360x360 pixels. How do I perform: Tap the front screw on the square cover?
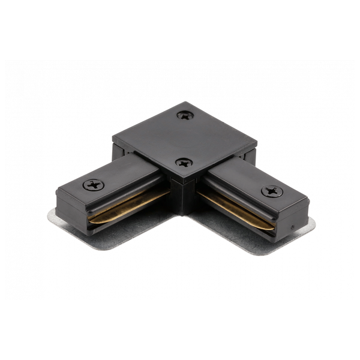pos(184,163)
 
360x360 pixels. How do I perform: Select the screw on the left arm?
pos(93,185)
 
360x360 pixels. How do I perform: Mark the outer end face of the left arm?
pos(72,207)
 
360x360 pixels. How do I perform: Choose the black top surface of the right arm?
pos(240,180)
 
